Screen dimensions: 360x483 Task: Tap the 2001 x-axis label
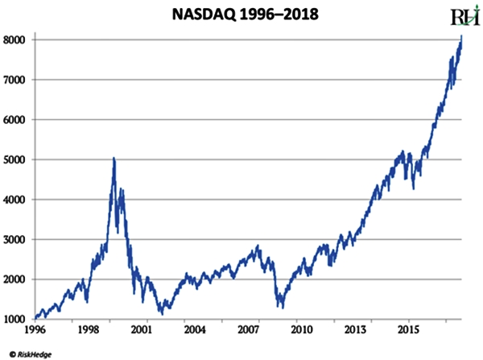click(141, 331)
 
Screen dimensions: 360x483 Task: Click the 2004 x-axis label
click(194, 331)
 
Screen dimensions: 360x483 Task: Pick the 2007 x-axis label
click(247, 331)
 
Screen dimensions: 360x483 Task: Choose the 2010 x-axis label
click(301, 331)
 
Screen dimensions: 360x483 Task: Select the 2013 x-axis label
click(355, 331)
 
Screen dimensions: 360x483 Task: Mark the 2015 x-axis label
click(408, 331)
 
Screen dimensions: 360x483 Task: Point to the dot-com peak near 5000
click(114, 159)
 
